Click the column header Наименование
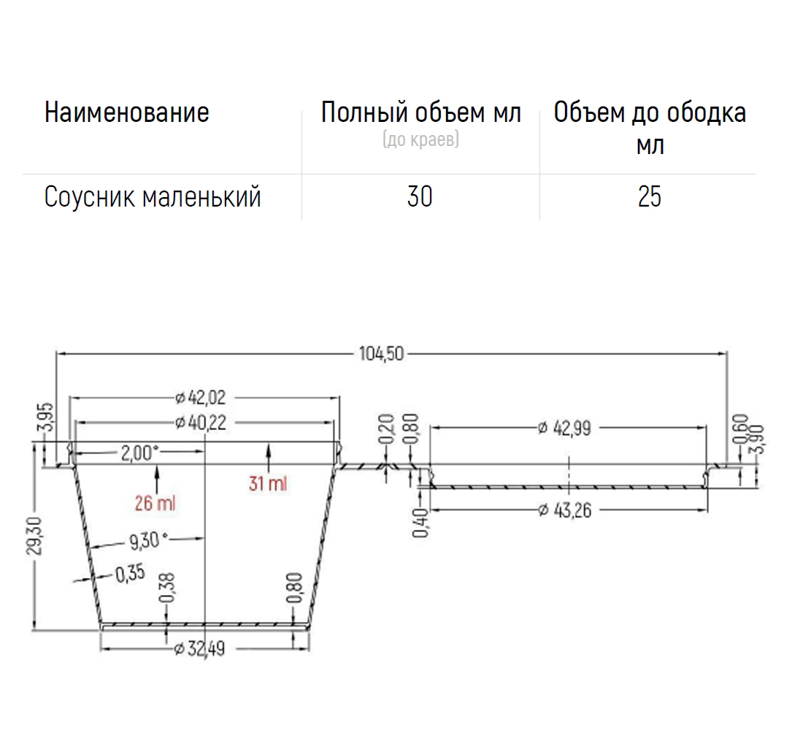pyautogui.click(x=126, y=112)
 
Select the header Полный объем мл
pyautogui.click(x=421, y=112)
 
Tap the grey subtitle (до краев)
pyautogui.click(x=420, y=139)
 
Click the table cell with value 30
pyautogui.click(x=420, y=196)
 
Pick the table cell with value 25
pyautogui.click(x=650, y=196)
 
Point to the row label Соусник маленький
pyautogui.click(x=153, y=196)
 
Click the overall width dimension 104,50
pyautogui.click(x=382, y=353)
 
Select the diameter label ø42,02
pyautogui.click(x=200, y=397)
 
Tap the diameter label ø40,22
pyautogui.click(x=200, y=423)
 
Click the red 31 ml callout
pyautogui.click(x=268, y=483)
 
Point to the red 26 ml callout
pyautogui.click(x=155, y=503)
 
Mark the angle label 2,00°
pyautogui.click(x=139, y=453)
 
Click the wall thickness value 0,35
pyautogui.click(x=130, y=574)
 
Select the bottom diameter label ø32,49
pyautogui.click(x=199, y=649)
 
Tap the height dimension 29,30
pyautogui.click(x=35, y=536)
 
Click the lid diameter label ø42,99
pyautogui.click(x=565, y=428)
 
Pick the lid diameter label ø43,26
pyautogui.click(x=565, y=510)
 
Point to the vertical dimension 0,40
pyautogui.click(x=420, y=523)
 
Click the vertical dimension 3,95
pyautogui.click(x=46, y=417)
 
